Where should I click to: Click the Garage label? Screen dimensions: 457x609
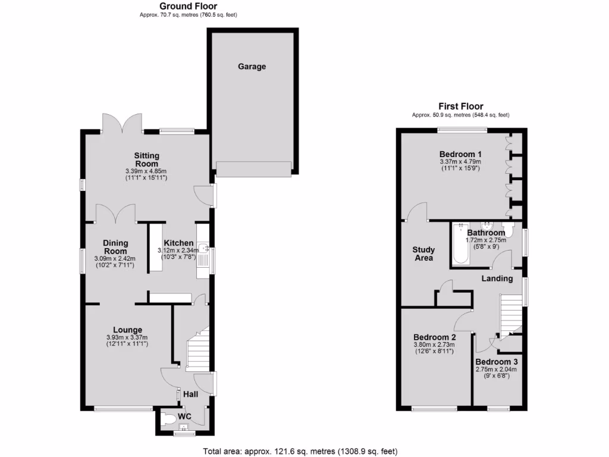(252, 67)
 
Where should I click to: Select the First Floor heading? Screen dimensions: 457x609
(460, 107)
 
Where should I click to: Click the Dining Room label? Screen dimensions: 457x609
(115, 247)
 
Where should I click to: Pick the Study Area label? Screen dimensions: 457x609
(423, 254)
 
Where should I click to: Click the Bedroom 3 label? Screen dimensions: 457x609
(497, 362)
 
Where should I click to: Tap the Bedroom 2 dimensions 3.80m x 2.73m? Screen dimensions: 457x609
(434, 345)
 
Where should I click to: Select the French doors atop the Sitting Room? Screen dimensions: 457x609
(122, 123)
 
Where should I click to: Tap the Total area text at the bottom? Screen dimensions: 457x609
(300, 451)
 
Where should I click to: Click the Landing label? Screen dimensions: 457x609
(497, 278)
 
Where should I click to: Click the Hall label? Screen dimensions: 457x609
(190, 394)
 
